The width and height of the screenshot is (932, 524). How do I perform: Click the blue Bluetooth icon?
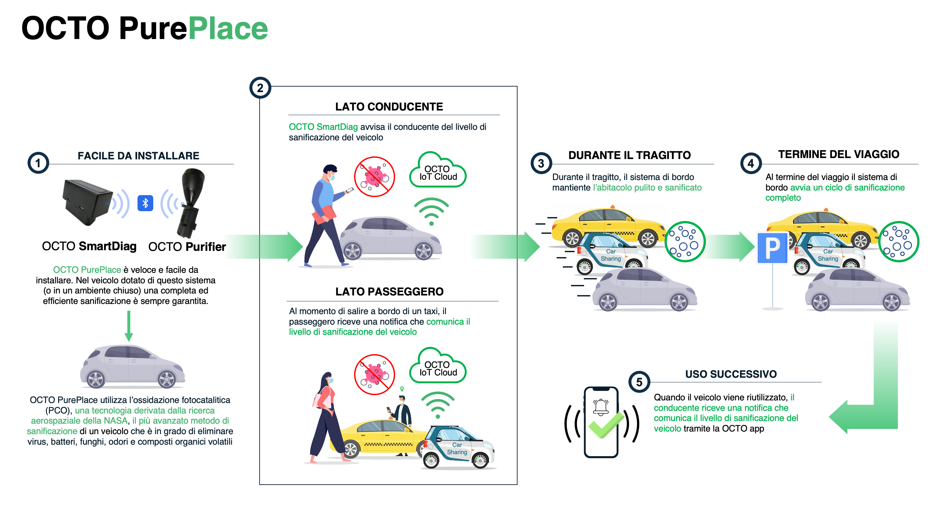pyautogui.click(x=145, y=203)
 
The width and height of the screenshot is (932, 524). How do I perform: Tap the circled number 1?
pyautogui.click(x=38, y=163)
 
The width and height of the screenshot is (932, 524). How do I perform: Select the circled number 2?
pyautogui.click(x=260, y=88)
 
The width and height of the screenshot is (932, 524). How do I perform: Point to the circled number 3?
pyautogui.click(x=541, y=163)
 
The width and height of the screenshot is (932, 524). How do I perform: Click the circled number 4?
pyautogui.click(x=751, y=163)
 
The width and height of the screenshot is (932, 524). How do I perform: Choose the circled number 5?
pyautogui.click(x=639, y=382)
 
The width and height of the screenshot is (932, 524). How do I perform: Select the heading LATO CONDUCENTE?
pyautogui.click(x=389, y=107)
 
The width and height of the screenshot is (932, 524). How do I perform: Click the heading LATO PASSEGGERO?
pyautogui.click(x=389, y=292)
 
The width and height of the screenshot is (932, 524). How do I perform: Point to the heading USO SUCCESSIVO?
pyautogui.click(x=731, y=374)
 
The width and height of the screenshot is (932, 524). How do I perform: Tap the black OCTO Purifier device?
pyautogui.click(x=190, y=203)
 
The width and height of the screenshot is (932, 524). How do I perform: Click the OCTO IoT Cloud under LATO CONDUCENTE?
pyautogui.click(x=438, y=170)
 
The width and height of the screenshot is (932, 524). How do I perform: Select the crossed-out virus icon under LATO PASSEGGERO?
pyautogui.click(x=374, y=374)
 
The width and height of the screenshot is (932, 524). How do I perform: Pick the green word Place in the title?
pyautogui.click(x=228, y=29)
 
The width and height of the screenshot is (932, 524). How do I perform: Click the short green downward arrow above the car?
pyautogui.click(x=128, y=326)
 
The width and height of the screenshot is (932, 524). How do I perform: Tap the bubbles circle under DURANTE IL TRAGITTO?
pyautogui.click(x=685, y=242)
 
